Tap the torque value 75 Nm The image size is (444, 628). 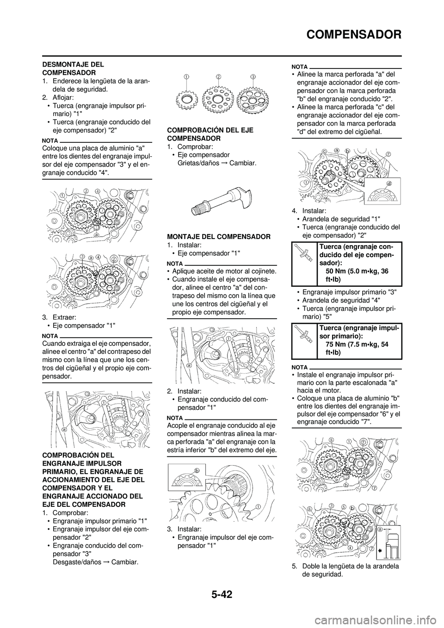click(x=340, y=344)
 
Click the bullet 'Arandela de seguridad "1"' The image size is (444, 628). click(x=340, y=219)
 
